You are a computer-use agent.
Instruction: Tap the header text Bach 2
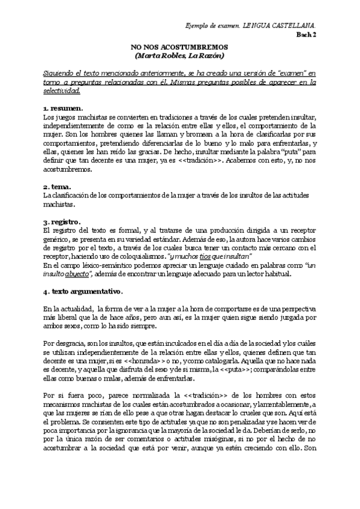coord(307,35)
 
